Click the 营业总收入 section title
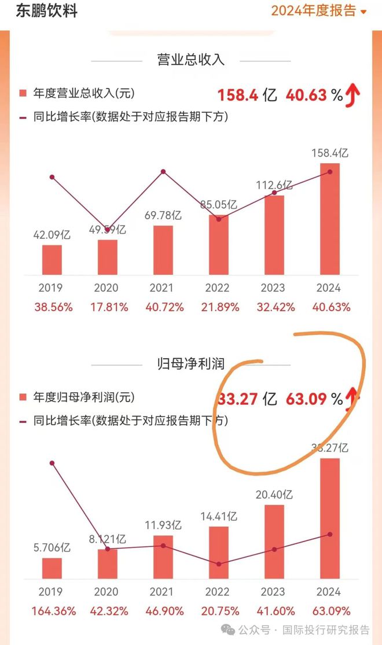(190, 60)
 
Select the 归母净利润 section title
(190, 363)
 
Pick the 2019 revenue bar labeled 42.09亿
(52, 260)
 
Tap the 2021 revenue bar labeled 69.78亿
(163, 250)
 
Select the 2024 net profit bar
(329, 518)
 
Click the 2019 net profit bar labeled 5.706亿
(52, 567)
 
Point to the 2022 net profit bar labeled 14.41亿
(218, 552)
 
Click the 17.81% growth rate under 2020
(107, 307)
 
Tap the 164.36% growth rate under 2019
(52, 610)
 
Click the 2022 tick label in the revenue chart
(218, 288)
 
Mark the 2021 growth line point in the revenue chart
(163, 172)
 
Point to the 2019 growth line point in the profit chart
(52, 463)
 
